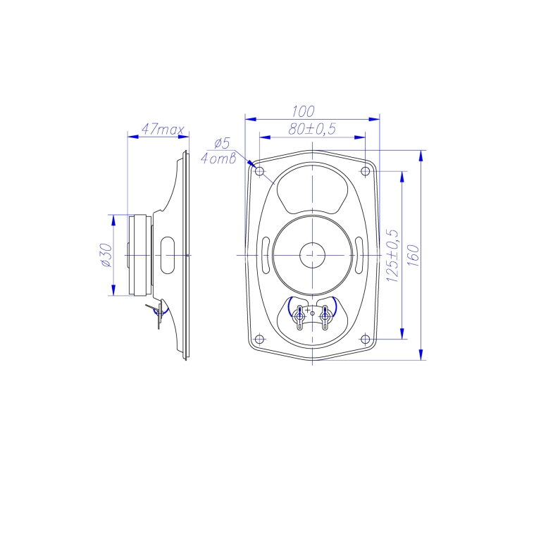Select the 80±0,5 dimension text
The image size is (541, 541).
pos(312,128)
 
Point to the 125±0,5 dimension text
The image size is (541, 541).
pos(393,256)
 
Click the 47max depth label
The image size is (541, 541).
pos(163,130)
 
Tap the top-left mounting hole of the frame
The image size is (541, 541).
pos(259,171)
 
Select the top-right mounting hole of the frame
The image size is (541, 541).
pos(366,171)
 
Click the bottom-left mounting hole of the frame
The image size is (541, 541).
pos(259,340)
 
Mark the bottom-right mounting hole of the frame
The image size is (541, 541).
pos(366,340)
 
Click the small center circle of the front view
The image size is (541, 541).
pos(311,254)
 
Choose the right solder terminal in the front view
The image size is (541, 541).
pos(325,317)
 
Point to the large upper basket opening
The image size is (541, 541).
pos(313,189)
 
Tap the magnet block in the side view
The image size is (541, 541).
pos(139,254)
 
